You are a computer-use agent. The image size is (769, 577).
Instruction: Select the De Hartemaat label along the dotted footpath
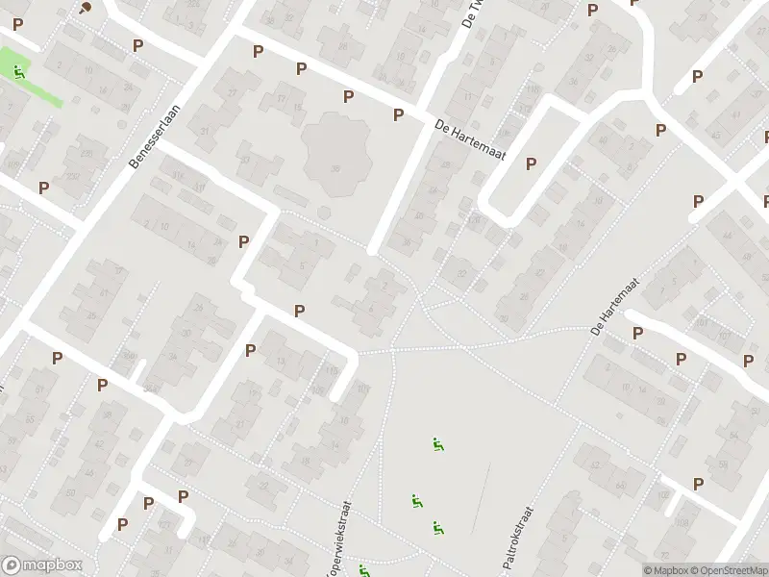pos(625,300)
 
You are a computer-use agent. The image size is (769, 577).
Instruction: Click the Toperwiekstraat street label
pos(337,544)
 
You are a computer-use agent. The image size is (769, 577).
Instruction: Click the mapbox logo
pos(42,565)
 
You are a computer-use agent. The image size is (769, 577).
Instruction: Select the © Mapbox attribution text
pos(666,570)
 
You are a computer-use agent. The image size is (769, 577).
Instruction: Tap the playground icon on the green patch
pos(18,71)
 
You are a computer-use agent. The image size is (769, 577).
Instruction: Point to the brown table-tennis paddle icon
pos(87,8)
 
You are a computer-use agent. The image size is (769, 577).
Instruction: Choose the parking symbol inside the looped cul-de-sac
pos(531,164)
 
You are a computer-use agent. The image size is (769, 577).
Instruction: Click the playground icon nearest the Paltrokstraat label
pos(437,527)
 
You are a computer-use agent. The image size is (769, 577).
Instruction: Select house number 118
pos(531,88)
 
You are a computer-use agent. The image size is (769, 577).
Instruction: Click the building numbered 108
pos(682,524)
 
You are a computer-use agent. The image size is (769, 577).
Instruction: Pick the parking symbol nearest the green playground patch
pos(17,24)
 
